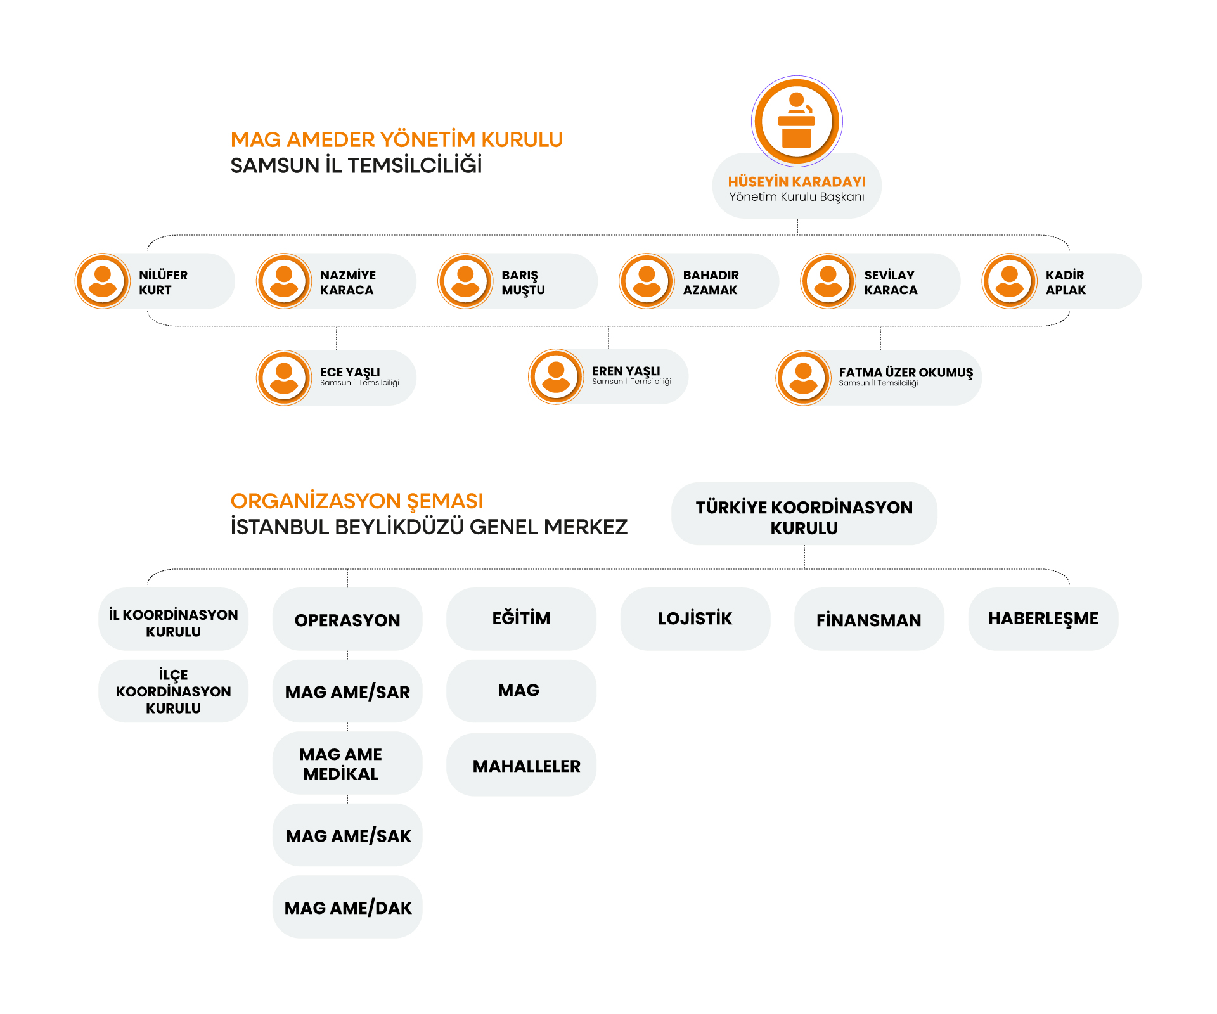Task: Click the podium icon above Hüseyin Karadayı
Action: click(797, 121)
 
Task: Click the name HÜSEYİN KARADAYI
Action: click(797, 181)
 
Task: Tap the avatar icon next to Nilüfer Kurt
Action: click(103, 281)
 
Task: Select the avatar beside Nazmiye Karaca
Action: click(284, 281)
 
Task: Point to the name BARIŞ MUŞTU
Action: click(523, 283)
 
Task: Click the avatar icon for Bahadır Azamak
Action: click(647, 281)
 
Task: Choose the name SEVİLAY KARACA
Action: click(891, 283)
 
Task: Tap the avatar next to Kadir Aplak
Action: click(1009, 281)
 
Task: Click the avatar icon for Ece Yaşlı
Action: click(284, 378)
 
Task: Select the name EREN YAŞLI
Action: click(626, 371)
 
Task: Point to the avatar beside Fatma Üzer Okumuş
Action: click(803, 378)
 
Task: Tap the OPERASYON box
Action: click(347, 619)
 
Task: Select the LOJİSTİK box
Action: click(695, 619)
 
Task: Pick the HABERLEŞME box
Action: click(1043, 619)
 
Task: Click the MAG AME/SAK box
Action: click(347, 835)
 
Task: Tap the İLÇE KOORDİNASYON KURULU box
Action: click(173, 691)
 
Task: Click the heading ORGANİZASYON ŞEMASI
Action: click(356, 501)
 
